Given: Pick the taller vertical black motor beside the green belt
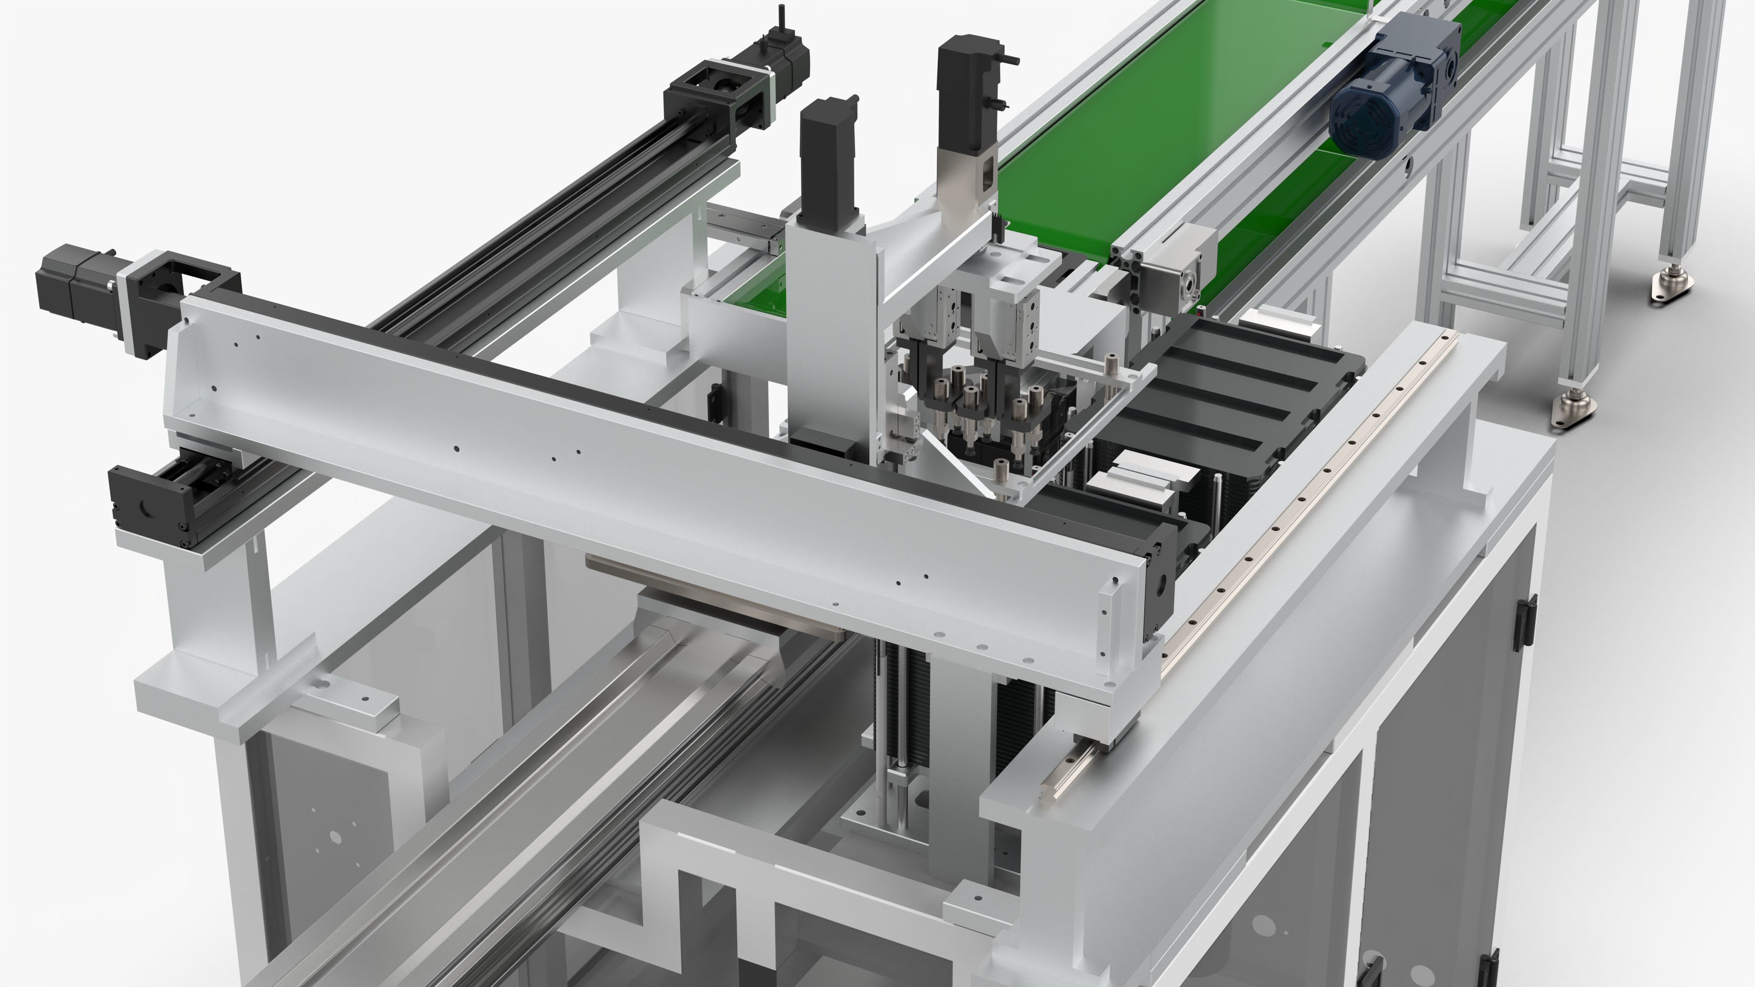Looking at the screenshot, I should [961, 89].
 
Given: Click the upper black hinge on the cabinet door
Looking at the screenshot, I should [1525, 620].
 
